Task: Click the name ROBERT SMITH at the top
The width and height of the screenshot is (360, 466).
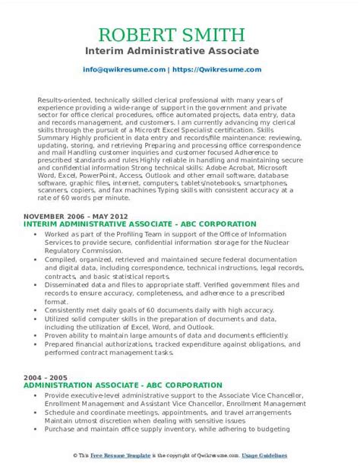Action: point(180,36)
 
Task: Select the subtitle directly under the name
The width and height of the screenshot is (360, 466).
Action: point(180,52)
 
